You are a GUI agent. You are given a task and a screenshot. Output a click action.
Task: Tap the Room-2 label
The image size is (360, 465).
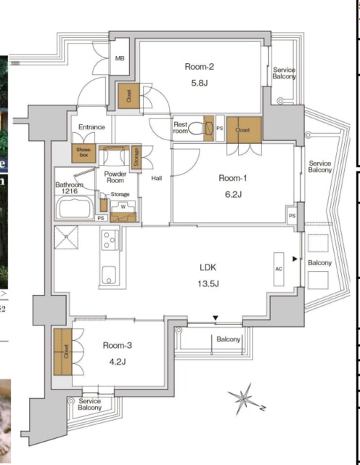click(199, 67)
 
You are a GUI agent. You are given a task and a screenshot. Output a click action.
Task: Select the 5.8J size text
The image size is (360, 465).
click(199, 83)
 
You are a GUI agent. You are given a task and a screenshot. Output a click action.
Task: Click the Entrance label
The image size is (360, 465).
click(92, 128)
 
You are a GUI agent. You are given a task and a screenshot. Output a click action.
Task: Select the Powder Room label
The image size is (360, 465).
click(115, 179)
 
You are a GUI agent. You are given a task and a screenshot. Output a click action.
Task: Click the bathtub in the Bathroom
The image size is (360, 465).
click(72, 209)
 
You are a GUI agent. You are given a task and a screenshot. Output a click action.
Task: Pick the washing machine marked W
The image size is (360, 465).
click(123, 206)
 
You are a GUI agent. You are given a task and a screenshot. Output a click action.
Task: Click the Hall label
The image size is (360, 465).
click(156, 177)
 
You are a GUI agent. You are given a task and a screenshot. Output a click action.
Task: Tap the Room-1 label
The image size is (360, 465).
click(234, 178)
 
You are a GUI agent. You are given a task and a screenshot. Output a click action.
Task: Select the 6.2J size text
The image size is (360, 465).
click(234, 194)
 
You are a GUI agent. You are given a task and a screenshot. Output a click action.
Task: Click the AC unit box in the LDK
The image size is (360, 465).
click(279, 267)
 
